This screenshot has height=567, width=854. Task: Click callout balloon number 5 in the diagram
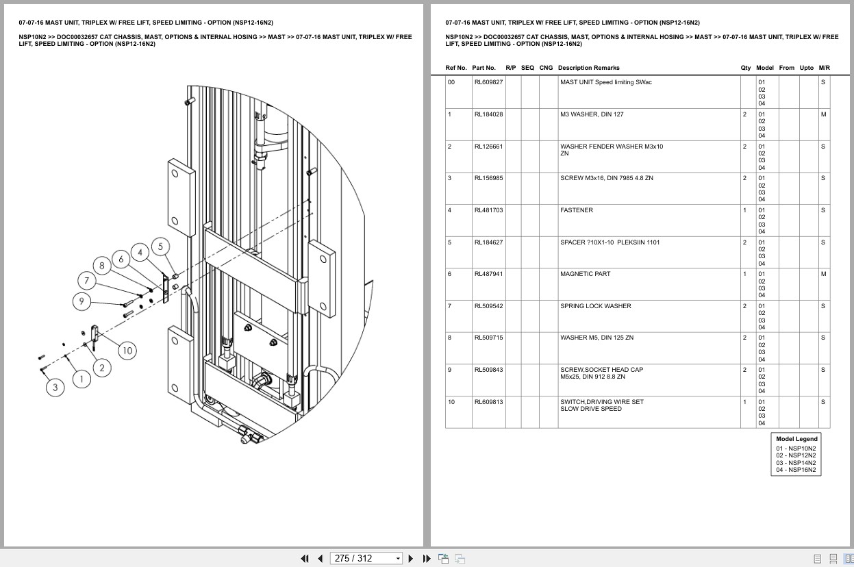point(160,247)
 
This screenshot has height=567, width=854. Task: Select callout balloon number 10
point(127,351)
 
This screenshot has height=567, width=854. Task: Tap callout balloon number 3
point(55,388)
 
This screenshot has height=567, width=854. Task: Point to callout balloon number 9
point(81,301)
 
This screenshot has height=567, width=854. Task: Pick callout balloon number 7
point(87,280)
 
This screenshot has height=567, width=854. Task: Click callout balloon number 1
point(81,379)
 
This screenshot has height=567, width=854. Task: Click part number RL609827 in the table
point(488,82)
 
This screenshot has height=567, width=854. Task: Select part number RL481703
point(488,210)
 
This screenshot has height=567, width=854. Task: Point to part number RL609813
point(488,402)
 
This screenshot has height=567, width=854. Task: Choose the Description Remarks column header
point(588,68)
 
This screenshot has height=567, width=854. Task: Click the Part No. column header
point(483,68)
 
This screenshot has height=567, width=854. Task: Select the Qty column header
point(745,68)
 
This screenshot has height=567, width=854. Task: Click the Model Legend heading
point(796,439)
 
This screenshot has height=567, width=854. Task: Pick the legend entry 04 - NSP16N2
point(796,470)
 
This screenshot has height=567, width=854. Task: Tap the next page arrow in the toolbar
point(411,558)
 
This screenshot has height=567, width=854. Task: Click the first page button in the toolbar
point(305,558)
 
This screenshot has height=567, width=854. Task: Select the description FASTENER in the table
point(577,210)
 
